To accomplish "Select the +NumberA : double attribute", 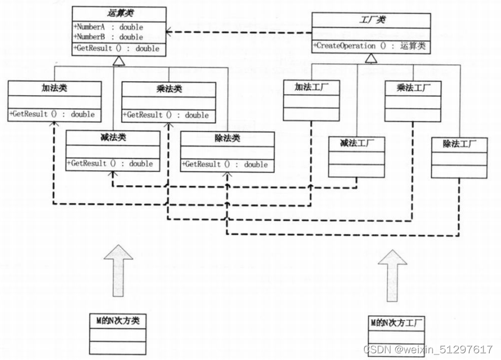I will point(108,27).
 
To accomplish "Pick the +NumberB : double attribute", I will point(108,37).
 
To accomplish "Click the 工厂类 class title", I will point(370,20).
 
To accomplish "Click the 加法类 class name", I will point(54,88).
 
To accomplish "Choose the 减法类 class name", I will point(112,138).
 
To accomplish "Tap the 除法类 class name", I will point(227,138).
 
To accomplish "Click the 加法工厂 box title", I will point(311,87).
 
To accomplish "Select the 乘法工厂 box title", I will point(412,88).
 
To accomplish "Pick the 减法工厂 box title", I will point(356,143).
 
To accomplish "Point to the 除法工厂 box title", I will point(458,144).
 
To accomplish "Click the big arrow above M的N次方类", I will point(118,271).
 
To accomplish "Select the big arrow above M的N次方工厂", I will point(392,275).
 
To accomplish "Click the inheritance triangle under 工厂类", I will point(370,59).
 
